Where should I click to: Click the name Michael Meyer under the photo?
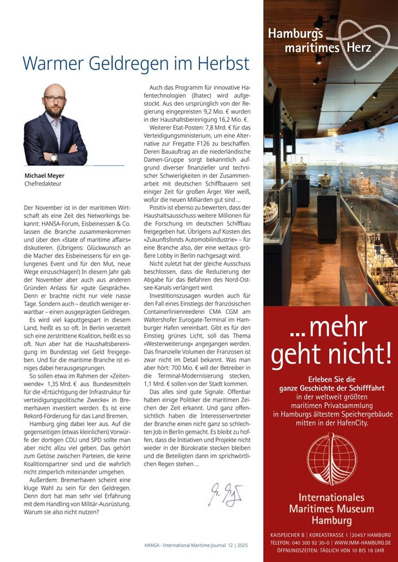click(45, 175)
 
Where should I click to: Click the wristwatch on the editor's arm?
click(54, 157)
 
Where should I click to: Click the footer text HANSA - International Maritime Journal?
click(186, 545)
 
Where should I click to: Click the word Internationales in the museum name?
click(331, 497)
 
